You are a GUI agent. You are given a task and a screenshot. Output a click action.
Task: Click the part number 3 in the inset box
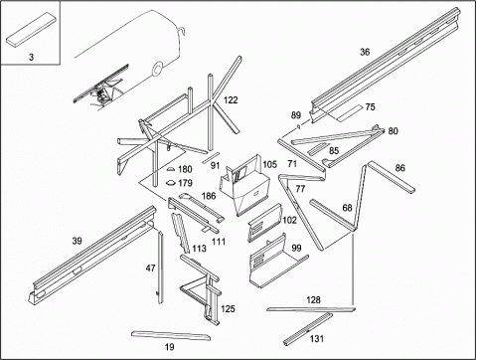31,57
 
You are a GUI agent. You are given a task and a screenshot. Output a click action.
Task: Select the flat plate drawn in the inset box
31,29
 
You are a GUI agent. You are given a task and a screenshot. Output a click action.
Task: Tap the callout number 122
231,99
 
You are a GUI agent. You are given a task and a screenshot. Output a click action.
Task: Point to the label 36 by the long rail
365,52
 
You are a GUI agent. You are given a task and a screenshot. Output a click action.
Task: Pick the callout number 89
296,115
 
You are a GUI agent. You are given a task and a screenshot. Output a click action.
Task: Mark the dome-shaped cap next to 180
171,169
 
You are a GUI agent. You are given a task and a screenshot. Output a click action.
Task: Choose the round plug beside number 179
171,182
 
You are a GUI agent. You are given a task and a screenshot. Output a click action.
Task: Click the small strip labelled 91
211,157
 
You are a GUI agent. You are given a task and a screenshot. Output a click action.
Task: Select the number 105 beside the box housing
269,164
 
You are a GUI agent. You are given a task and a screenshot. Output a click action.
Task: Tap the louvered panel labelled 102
265,223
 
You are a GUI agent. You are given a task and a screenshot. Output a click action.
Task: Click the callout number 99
296,248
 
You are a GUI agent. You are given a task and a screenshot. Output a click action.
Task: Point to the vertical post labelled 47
160,268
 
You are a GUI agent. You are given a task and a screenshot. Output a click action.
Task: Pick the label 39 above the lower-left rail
77,241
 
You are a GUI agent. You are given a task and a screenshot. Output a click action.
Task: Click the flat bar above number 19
171,335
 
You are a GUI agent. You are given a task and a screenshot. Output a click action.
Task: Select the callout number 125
228,309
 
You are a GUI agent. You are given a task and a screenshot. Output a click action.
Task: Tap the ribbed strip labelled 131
308,329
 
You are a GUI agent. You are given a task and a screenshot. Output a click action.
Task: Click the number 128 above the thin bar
313,300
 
